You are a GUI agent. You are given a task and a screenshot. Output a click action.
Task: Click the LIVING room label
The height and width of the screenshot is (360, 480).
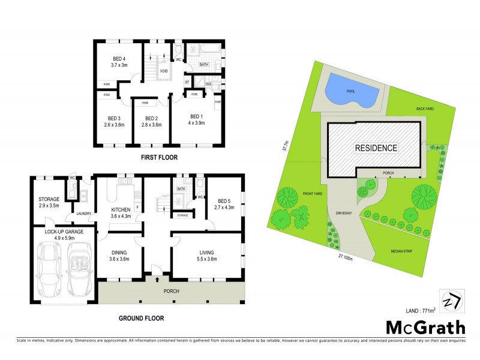tap(206, 253)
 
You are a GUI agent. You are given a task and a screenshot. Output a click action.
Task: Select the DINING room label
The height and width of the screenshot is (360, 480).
tap(121, 253)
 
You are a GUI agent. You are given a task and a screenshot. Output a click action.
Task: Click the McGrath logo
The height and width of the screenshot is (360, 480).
tap(425, 327)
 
